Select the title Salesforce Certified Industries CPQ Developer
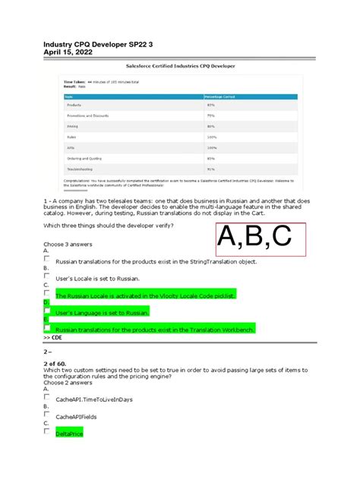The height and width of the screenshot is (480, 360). pos(180,66)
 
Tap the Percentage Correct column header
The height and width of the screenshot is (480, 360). pos(219,96)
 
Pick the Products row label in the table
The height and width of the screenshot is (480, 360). pos(74,105)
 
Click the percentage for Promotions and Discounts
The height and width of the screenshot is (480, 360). pos(210,115)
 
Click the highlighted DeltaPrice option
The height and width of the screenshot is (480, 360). pos(68,434)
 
